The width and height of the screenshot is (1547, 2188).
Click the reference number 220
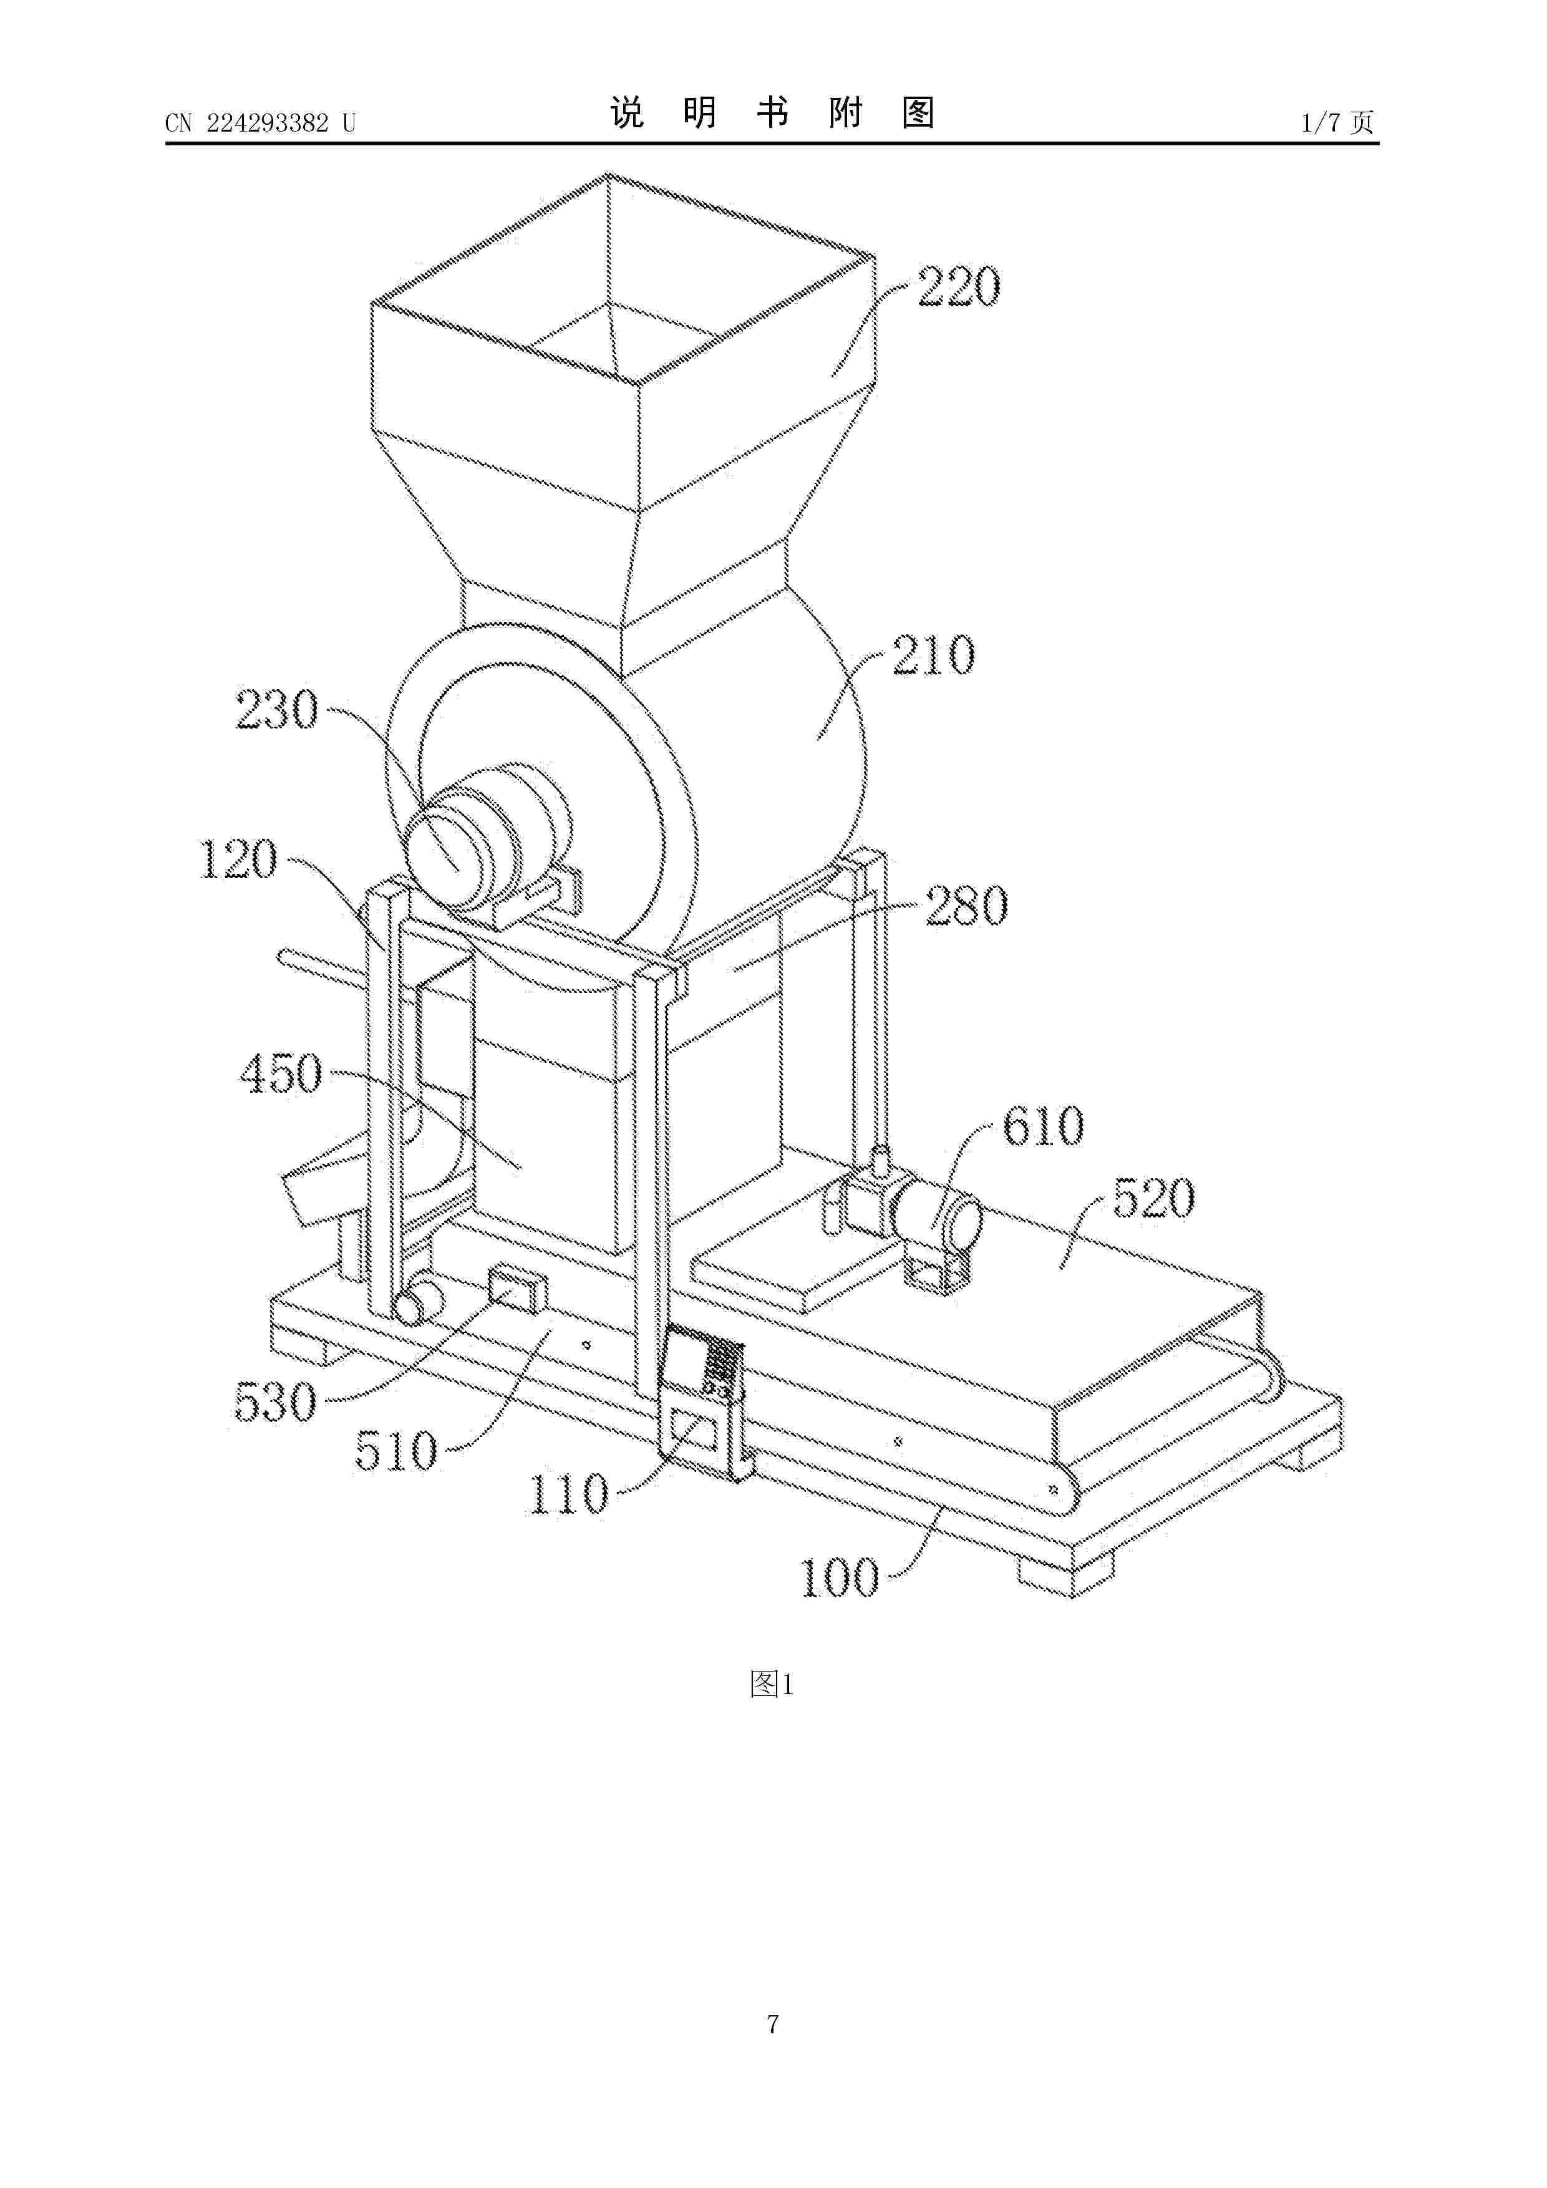tap(959, 287)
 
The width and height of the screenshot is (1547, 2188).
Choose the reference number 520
tap(1153, 1199)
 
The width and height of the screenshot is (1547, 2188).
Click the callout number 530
tap(276, 1403)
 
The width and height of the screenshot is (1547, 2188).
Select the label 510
tap(395, 1451)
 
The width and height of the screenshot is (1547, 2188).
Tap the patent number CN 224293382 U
tap(260, 123)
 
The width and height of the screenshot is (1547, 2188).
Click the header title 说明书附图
tap(772, 114)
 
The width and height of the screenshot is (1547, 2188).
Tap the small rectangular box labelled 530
tap(518, 1289)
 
